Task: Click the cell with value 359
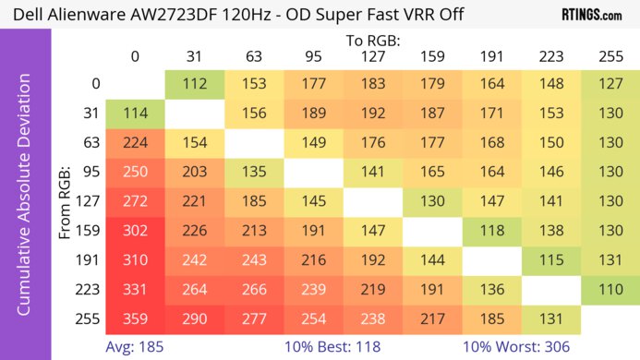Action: pyautogui.click(x=135, y=320)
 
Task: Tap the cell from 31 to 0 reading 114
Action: pyautogui.click(x=135, y=114)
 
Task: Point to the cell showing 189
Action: pyautogui.click(x=313, y=114)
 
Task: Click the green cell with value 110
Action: pyautogui.click(x=610, y=291)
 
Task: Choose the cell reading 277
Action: pyautogui.click(x=254, y=320)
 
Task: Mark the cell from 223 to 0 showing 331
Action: pyautogui.click(x=135, y=291)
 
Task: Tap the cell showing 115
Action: pyautogui.click(x=551, y=261)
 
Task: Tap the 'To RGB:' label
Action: pyautogui.click(x=372, y=41)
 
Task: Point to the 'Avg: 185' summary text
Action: pyautogui.click(x=135, y=348)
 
